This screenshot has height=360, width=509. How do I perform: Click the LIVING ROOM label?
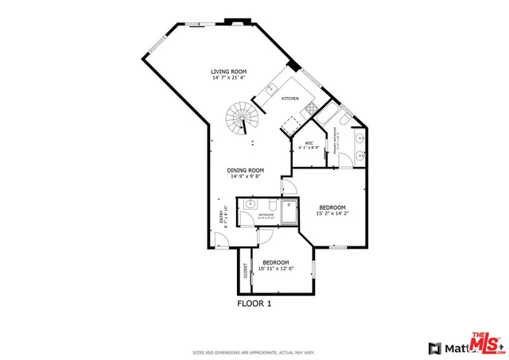coord(228,72)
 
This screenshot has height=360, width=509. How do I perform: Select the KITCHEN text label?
coord(289,99)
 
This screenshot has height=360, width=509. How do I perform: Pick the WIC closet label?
coord(309,143)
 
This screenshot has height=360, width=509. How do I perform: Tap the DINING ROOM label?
coord(245,170)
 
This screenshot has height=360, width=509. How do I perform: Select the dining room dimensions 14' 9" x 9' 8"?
coord(245,176)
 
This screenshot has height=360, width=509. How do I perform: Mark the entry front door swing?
coord(222,240)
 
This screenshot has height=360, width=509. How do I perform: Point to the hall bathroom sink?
coord(243,205)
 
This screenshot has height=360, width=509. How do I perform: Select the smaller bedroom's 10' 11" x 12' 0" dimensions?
coord(276,269)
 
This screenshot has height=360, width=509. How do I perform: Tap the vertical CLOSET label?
coord(246,270)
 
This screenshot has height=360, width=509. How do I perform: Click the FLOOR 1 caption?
coord(254,303)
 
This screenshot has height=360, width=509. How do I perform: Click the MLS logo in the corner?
coord(485,343)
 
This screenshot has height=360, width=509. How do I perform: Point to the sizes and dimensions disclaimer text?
coord(254,352)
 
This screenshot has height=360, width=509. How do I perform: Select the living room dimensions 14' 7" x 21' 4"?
coord(228,78)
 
